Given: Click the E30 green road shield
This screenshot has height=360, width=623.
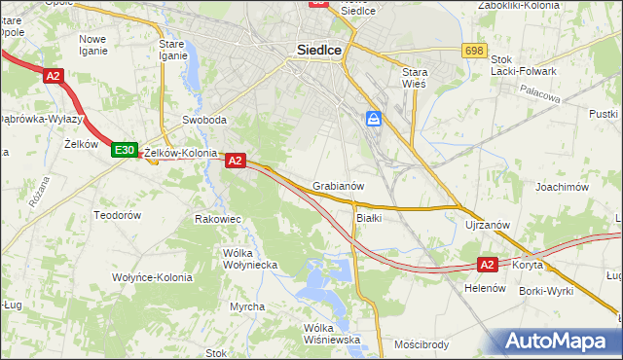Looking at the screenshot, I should pyautogui.click(x=124, y=150).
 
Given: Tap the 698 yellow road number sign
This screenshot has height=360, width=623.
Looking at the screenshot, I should pyautogui.click(x=474, y=50).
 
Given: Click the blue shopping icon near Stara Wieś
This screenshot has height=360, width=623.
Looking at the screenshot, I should pyautogui.click(x=374, y=119).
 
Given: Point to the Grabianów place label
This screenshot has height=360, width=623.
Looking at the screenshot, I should pyautogui.click(x=339, y=185).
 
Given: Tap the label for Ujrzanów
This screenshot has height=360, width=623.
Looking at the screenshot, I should pyautogui.click(x=488, y=225).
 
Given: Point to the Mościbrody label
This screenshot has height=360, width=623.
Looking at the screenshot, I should pyautogui.click(x=421, y=343).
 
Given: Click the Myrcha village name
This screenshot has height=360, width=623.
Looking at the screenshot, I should pyautogui.click(x=246, y=306).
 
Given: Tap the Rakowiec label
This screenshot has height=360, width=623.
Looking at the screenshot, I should pyautogui.click(x=218, y=219).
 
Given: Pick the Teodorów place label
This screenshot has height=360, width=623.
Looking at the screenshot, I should pyautogui.click(x=117, y=214).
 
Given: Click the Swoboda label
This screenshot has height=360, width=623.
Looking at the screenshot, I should pyautogui.click(x=204, y=121).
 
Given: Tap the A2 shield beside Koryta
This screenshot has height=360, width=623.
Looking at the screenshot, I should pyautogui.click(x=489, y=264).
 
